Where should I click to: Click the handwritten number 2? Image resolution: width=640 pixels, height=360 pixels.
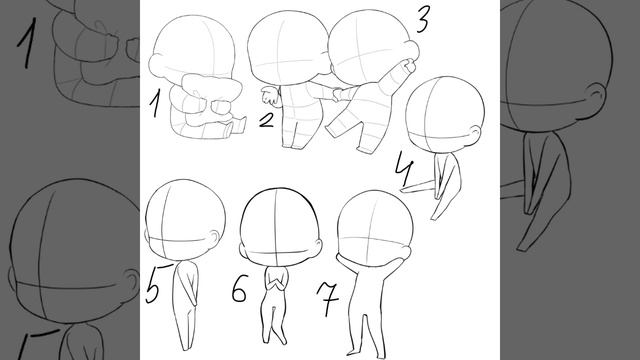tap(267, 120)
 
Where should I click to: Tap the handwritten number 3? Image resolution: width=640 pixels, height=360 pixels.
tap(422, 20)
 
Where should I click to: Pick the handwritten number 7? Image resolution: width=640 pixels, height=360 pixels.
tap(328, 298)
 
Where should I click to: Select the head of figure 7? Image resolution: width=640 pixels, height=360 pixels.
tap(375, 227)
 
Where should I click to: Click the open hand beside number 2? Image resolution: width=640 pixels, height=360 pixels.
tap(270, 96)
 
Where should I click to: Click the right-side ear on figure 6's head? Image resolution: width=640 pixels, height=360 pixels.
tap(318, 246)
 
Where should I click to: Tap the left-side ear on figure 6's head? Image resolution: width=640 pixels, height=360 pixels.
tap(241, 247)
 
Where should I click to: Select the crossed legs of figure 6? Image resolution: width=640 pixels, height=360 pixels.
tap(274, 322)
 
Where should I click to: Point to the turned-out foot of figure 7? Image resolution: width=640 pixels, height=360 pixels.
tap(352, 352)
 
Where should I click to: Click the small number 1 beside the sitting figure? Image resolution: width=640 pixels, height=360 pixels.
tap(154, 104)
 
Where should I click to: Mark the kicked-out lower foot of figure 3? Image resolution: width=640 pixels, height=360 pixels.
tap(364, 148)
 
